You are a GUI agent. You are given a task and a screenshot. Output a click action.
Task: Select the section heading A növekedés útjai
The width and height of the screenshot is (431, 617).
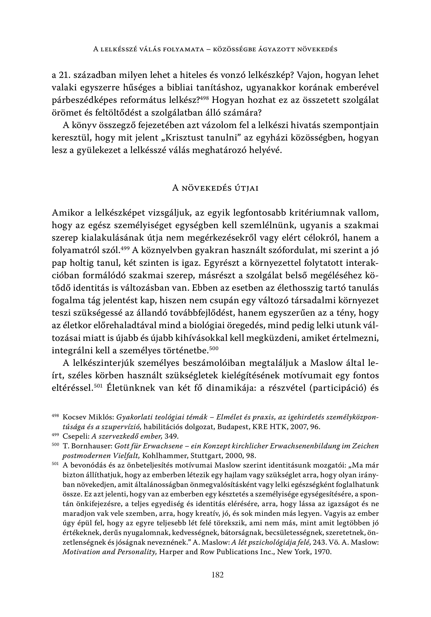pyautogui.click(x=215, y=188)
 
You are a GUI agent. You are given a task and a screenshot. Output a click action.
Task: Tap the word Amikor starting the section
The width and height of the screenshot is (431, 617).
pyautogui.click(x=68, y=213)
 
